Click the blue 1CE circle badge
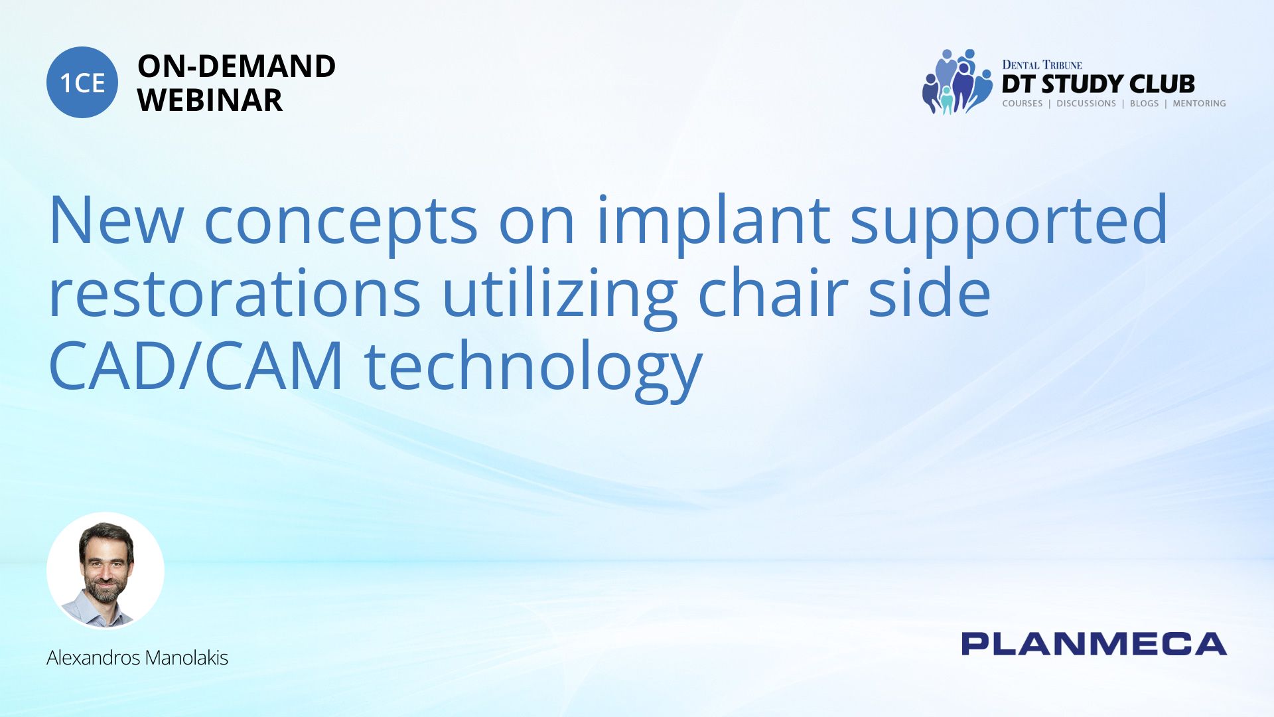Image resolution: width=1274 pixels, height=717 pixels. (x=82, y=82)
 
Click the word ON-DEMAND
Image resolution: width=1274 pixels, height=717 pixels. (x=236, y=66)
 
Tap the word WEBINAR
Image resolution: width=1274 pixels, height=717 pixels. (x=210, y=100)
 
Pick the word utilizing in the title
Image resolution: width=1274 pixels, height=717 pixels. (x=559, y=297)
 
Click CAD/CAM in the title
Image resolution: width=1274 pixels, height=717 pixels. (x=196, y=366)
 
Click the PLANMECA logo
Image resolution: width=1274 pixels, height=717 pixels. (x=1094, y=644)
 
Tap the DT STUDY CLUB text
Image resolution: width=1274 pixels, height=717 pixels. (x=1098, y=84)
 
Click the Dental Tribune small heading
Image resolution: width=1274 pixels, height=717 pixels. (x=1042, y=65)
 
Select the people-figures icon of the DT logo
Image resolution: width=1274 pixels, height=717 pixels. (x=957, y=82)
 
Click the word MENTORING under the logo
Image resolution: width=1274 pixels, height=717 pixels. (x=1199, y=104)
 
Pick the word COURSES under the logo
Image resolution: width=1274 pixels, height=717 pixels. (x=1023, y=104)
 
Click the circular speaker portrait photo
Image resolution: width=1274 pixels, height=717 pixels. (x=106, y=570)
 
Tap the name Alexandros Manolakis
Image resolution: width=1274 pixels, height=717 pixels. (x=137, y=658)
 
